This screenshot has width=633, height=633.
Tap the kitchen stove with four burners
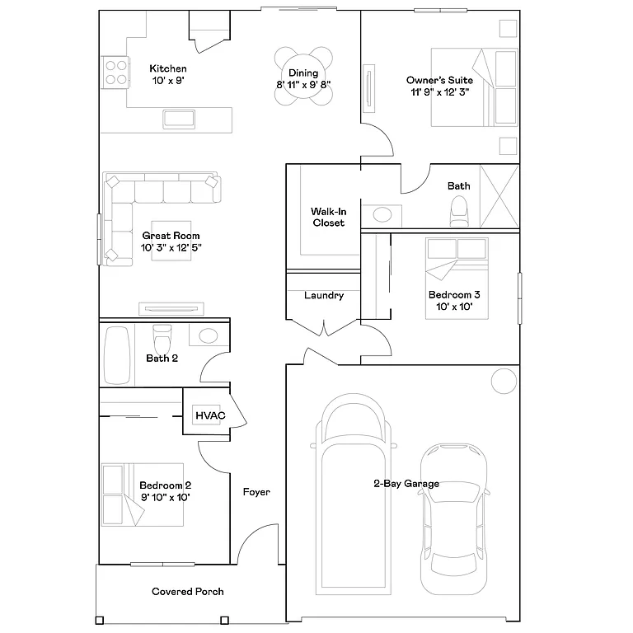click(116, 72)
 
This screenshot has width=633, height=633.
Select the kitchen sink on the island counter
click(179, 118)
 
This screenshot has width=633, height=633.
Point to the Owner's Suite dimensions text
click(439, 91)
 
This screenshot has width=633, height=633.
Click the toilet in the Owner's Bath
click(458, 214)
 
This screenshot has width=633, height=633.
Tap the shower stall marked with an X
click(499, 196)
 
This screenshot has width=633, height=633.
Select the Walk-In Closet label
click(328, 218)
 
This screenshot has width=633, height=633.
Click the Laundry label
click(324, 295)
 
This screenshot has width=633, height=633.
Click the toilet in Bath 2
click(162, 337)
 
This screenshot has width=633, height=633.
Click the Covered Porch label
click(187, 591)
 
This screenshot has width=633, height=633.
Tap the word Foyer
click(256, 492)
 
